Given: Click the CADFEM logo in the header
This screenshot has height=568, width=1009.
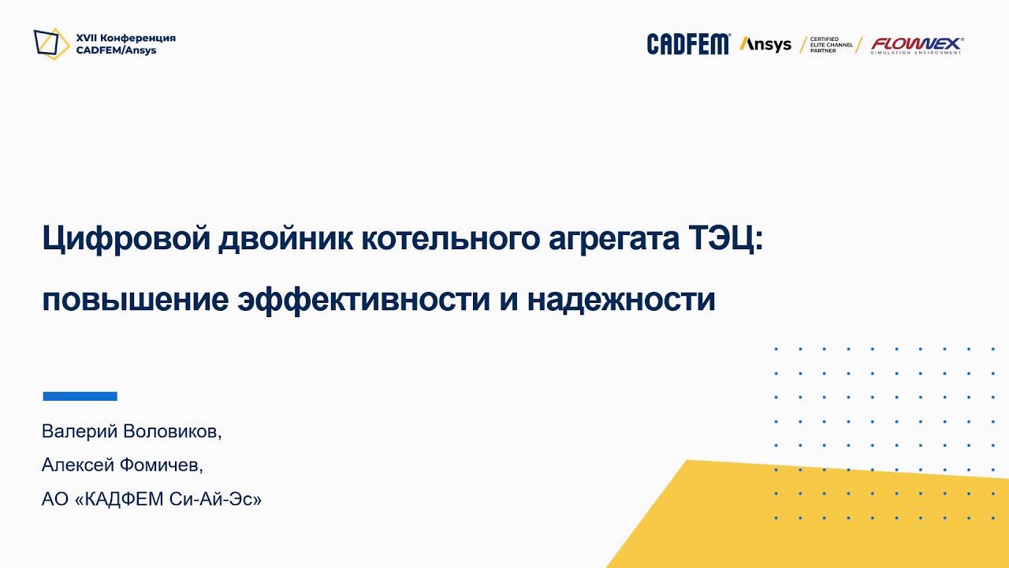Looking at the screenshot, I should [x=688, y=44].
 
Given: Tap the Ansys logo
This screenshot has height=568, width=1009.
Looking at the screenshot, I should [x=765, y=44].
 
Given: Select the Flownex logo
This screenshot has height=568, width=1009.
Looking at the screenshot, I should [x=917, y=45].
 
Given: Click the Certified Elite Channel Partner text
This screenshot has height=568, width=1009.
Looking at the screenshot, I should [x=831, y=44].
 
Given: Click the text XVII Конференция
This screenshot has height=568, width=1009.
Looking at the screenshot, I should [x=125, y=38].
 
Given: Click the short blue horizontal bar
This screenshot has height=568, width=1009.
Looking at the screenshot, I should [x=80, y=396].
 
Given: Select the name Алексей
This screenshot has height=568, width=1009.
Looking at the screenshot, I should [x=77, y=465].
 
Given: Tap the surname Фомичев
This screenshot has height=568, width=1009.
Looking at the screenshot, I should [x=162, y=465].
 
